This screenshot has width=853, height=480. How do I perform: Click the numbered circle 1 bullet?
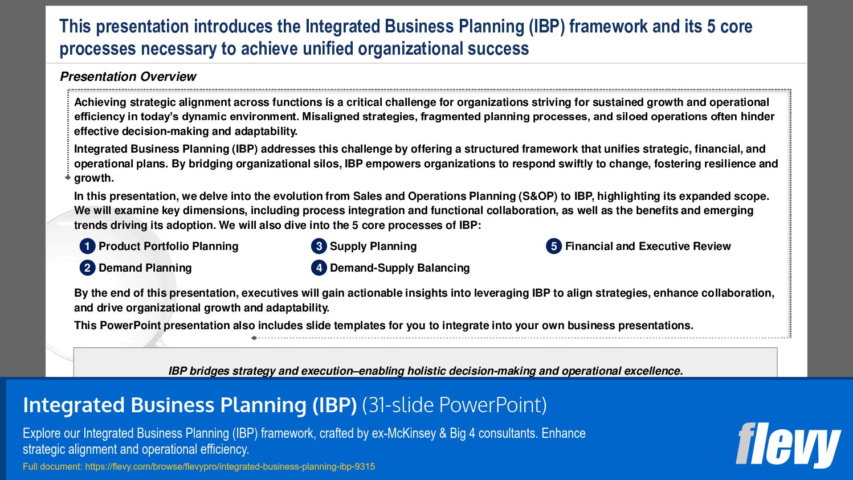[87, 246]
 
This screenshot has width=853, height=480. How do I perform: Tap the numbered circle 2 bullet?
[87, 268]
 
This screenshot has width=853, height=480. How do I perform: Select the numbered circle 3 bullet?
[319, 246]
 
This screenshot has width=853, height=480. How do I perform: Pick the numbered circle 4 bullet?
[319, 268]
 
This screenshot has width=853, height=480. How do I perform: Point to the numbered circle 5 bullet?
[553, 246]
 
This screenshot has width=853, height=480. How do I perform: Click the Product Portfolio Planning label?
[168, 246]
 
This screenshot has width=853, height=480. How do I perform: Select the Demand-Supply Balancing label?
[399, 268]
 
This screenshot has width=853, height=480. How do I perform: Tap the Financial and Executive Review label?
[647, 246]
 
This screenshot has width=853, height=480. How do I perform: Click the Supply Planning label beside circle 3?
[373, 246]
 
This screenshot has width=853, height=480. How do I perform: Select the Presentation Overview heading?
[128, 76]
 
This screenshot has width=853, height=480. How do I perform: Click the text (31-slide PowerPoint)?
[454, 405]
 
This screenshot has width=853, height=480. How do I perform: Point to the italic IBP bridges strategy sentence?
[425, 371]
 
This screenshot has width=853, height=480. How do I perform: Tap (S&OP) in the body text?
[537, 196]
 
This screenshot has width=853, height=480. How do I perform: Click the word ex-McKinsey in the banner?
[403, 433]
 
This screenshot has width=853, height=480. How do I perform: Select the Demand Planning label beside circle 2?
[145, 268]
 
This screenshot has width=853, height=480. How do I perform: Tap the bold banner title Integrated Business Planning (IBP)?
[190, 405]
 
